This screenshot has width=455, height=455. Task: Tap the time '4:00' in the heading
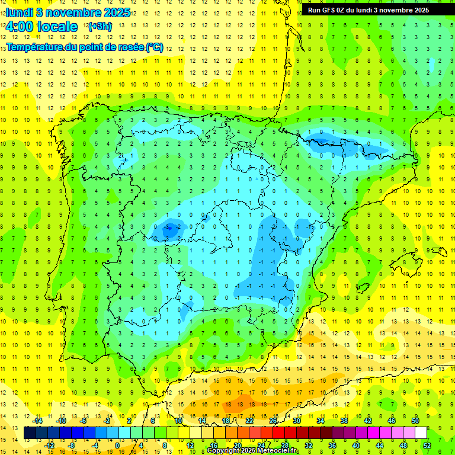pyautogui.click(x=20, y=27)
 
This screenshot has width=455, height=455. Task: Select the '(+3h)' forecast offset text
pyautogui.click(x=99, y=27)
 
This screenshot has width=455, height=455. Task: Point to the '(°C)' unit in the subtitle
pyautogui.click(x=155, y=47)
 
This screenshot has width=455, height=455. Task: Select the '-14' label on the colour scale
pyautogui.click(x=37, y=420)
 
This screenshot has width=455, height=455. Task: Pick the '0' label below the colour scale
pyautogui.click(x=117, y=446)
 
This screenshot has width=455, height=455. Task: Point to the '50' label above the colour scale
pyautogui.click(x=415, y=420)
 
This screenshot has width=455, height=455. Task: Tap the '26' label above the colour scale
pyautogui.click(x=273, y=420)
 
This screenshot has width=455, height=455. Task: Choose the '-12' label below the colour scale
pyautogui.click(x=49, y=446)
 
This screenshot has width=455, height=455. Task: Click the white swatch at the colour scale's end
pyautogui.click(x=421, y=433)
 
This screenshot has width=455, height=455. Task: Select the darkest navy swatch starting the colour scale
pyautogui.click(x=30, y=433)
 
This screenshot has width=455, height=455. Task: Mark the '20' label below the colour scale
pyautogui.click(x=237, y=446)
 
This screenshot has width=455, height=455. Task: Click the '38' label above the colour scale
pyautogui.click(x=344, y=420)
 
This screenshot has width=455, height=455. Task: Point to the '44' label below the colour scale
pyautogui.click(x=379, y=446)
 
